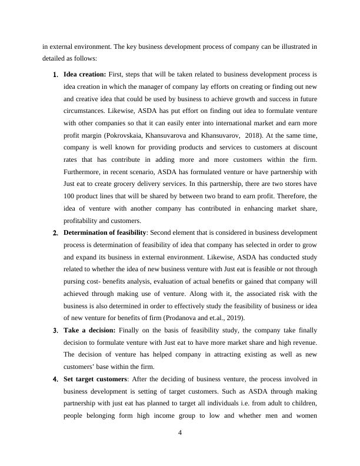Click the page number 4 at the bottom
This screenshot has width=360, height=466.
(180, 433)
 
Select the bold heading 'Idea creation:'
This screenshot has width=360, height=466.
(85, 75)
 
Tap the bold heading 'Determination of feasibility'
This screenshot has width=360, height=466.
(104, 232)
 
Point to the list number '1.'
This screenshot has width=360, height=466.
(55, 75)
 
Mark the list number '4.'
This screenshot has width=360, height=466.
(55, 380)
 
